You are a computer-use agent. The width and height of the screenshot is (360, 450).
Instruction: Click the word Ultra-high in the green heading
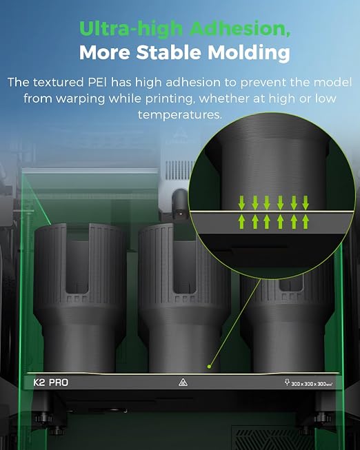(x=131, y=30)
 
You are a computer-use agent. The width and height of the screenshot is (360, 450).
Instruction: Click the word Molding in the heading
(x=248, y=53)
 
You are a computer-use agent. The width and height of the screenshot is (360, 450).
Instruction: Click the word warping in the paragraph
(x=81, y=99)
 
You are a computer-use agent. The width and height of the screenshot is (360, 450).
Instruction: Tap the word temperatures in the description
(x=180, y=115)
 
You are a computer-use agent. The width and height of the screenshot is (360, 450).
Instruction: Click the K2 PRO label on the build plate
(x=51, y=382)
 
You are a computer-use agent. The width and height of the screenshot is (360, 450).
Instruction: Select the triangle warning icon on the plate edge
(x=183, y=382)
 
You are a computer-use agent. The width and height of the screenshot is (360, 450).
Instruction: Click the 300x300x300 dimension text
(x=312, y=384)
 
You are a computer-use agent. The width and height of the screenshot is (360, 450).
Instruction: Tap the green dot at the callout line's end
(x=209, y=367)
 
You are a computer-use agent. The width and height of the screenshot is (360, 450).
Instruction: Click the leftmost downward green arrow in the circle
(x=242, y=203)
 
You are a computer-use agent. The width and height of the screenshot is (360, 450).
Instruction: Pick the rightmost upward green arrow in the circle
(x=306, y=222)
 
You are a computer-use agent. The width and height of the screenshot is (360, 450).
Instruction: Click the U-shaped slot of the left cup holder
(x=77, y=258)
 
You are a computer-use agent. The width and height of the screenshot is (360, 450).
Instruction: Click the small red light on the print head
(x=180, y=214)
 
